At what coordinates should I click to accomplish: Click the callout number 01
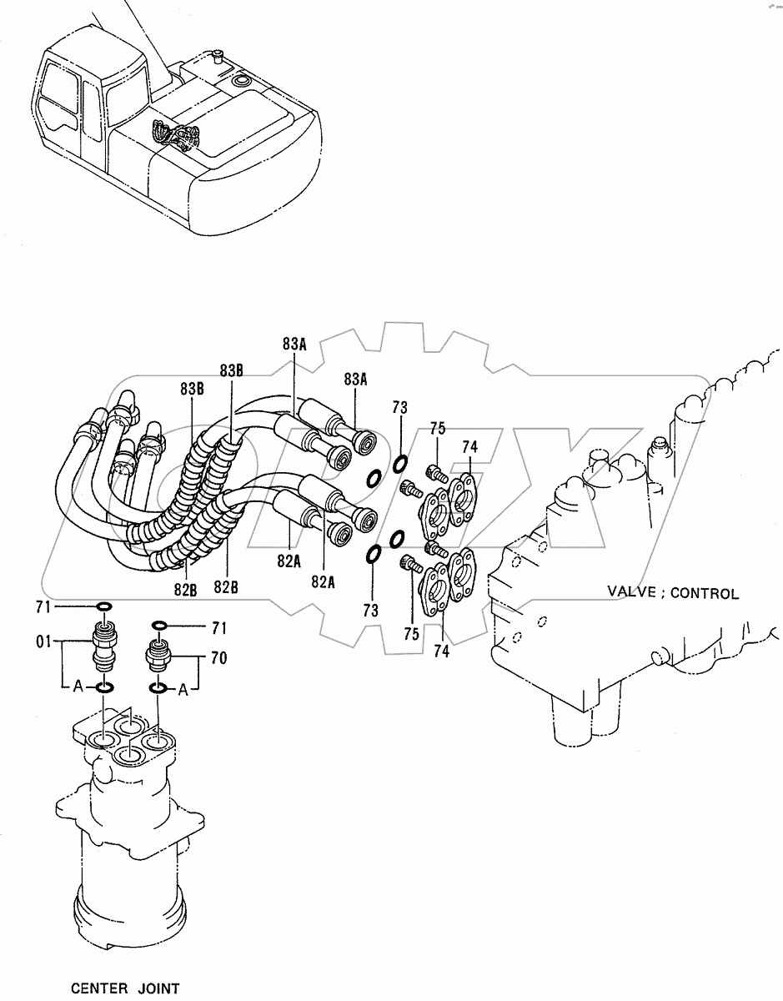tap(43, 641)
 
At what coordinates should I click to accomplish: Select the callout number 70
tap(219, 658)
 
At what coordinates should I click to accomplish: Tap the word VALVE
tap(631, 591)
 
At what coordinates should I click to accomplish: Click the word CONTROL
tap(705, 594)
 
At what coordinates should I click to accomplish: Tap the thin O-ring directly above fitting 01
tap(104, 607)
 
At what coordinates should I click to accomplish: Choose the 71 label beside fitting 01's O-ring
tap(43, 607)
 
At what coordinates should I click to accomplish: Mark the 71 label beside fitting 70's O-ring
tap(219, 628)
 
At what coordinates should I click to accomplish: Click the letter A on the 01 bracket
tap(78, 687)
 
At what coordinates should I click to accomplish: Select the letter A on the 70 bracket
tap(183, 690)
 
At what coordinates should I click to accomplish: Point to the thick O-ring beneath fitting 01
tap(104, 687)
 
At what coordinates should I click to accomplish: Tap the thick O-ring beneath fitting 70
tap(158, 688)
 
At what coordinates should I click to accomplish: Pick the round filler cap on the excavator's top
tap(240, 82)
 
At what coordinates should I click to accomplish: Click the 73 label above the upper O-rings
tap(399, 408)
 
